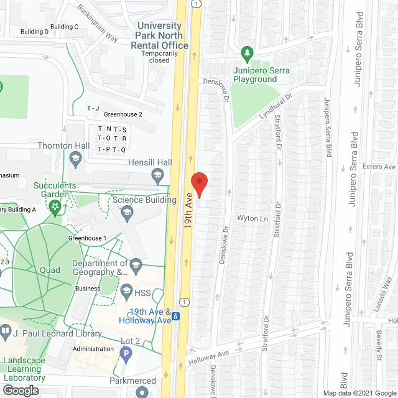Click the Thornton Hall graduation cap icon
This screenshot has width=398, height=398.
(76, 159)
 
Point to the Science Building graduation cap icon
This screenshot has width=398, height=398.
(127, 213)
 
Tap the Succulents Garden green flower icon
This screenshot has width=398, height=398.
(55, 205)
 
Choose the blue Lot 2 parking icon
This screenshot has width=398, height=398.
(126, 354)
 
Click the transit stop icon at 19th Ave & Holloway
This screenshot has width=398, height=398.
(177, 316)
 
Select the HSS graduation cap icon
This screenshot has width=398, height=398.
(126, 291)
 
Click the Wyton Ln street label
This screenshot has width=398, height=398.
(252, 219)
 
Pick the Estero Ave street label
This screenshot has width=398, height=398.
(381, 167)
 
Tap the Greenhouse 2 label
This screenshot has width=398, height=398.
(123, 114)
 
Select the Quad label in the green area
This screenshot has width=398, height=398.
(50, 270)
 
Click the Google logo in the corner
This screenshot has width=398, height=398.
(20, 390)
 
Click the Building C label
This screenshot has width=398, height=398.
(64, 27)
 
